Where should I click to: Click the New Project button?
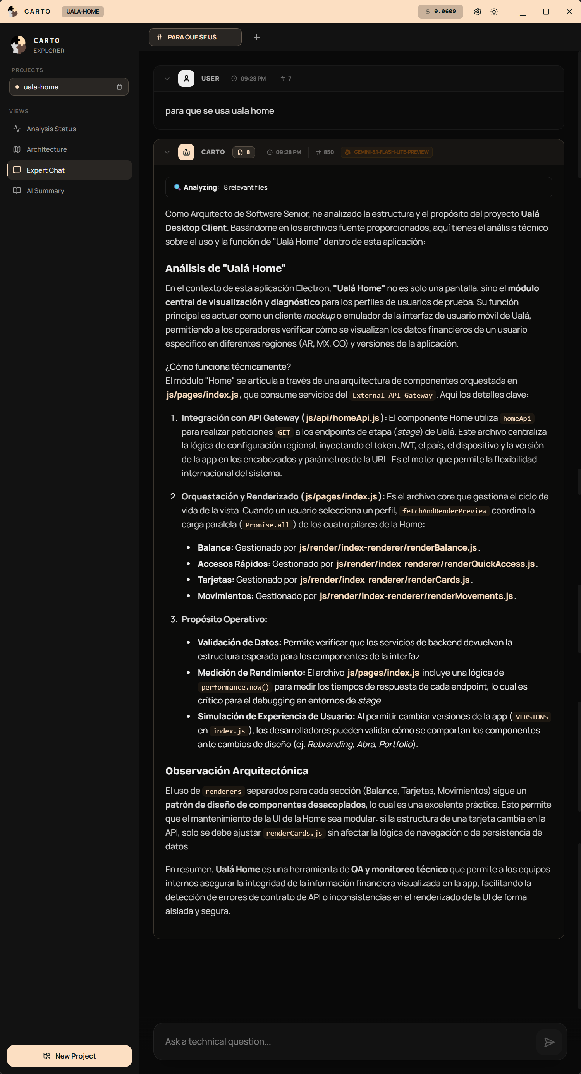[69, 1056]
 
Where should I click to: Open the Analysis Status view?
[51, 129]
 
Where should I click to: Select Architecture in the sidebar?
[46, 149]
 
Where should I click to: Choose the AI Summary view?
[45, 190]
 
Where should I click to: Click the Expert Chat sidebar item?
[45, 170]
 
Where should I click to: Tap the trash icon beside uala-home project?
[119, 87]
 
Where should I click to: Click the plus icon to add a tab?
[256, 37]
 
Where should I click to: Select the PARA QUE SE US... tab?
[195, 37]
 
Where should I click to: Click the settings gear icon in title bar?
[478, 12]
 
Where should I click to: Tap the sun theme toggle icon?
[494, 12]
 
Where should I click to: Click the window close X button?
[569, 12]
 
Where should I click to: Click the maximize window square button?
[545, 12]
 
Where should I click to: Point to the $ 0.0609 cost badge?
[440, 12]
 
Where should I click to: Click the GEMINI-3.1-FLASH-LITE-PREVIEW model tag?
[387, 152]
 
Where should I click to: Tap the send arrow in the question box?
[549, 1042]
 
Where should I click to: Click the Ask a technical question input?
[346, 1041]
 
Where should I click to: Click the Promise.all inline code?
[267, 525]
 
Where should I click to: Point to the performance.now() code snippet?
[235, 687]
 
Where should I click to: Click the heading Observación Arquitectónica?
[237, 770]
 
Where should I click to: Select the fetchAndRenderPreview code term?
[444, 511]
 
